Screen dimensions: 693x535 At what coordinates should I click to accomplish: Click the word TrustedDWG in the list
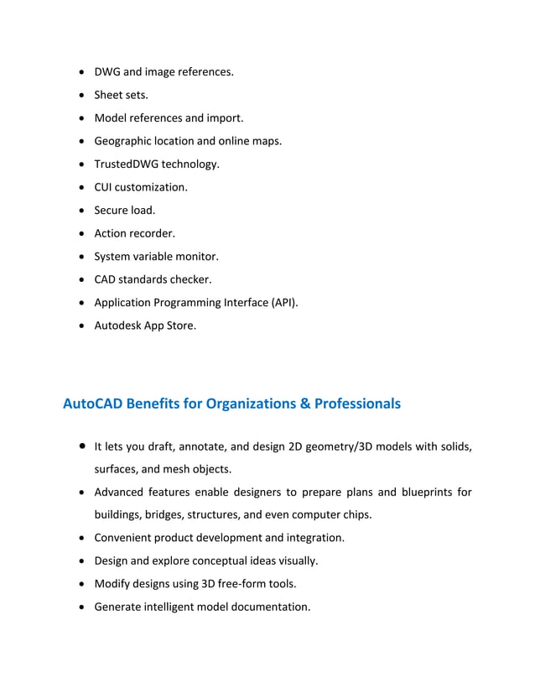[126, 164]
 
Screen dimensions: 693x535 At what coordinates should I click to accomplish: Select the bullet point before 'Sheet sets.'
[81, 95]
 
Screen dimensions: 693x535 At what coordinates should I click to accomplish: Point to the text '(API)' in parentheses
[282, 302]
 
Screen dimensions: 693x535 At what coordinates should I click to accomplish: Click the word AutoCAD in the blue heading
[94, 404]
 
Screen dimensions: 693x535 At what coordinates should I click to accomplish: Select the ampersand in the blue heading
[304, 404]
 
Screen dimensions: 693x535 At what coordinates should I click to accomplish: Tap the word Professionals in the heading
[357, 404]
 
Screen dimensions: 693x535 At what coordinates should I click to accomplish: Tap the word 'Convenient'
[124, 538]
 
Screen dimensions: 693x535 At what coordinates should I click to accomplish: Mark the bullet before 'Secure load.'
[81, 211]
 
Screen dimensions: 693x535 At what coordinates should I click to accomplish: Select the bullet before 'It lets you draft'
[81, 446]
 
